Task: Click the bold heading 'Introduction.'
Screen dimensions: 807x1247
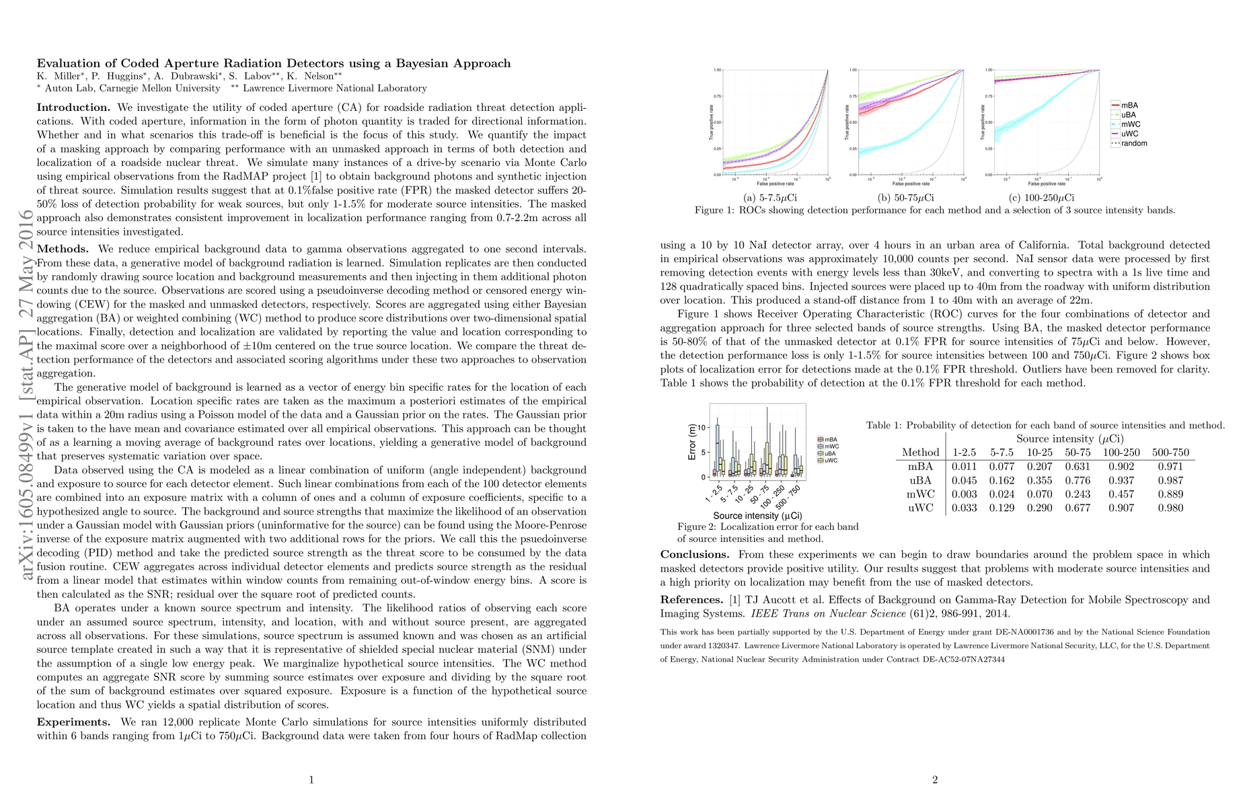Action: pos(73,108)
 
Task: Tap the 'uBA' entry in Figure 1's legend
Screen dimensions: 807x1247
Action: pos(1129,115)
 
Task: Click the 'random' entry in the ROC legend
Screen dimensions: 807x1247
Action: pos(1134,143)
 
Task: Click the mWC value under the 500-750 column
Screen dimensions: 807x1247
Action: pos(1170,494)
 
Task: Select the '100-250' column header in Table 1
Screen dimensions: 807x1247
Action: pos(1121,453)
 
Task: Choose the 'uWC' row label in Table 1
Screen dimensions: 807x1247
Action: pos(920,508)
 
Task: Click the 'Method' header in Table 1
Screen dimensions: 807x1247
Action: pos(920,453)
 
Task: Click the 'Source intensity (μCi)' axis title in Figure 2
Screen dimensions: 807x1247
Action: pos(757,516)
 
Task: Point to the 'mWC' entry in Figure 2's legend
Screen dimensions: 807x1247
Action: pos(831,447)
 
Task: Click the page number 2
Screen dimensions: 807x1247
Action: pos(935,780)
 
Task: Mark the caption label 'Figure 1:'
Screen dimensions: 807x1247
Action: pos(715,210)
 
